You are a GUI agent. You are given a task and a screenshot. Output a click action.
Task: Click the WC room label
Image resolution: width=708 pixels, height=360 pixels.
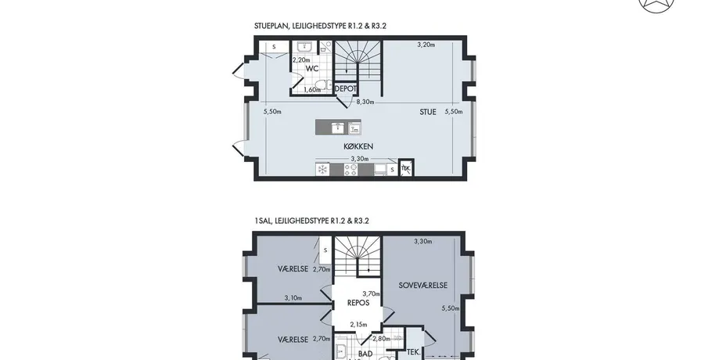point(312,69)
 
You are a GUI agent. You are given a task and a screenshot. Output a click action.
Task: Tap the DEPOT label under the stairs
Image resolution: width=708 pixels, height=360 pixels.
point(346,89)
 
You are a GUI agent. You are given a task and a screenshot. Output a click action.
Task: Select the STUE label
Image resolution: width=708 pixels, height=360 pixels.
point(428,112)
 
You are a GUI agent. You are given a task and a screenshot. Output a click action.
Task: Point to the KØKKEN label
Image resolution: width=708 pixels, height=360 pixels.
point(358,146)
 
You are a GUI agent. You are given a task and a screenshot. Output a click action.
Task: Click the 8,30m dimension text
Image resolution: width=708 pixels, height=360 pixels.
point(365,102)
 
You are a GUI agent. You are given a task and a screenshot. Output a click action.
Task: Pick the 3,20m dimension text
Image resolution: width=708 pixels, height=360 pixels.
point(426,45)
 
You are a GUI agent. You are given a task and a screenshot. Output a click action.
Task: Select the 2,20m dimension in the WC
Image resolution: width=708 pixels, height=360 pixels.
point(301,60)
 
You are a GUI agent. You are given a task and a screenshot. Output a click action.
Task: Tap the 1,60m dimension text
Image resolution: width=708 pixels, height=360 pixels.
point(312,89)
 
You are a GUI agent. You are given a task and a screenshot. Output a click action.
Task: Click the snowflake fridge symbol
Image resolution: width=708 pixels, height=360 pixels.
point(322,169)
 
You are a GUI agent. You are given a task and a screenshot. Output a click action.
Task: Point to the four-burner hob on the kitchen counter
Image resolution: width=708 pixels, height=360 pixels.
point(351,169)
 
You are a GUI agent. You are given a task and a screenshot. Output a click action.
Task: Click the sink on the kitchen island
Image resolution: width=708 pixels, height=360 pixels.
point(339,128)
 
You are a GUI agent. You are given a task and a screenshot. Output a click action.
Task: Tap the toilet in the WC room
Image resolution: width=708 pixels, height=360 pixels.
point(322,85)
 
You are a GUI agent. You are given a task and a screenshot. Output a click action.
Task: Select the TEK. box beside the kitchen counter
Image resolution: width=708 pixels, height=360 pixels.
point(406,168)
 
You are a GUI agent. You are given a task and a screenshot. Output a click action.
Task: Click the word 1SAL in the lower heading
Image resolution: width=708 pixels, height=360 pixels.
point(262,221)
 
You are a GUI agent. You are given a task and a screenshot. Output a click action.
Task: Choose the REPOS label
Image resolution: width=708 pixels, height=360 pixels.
point(358,303)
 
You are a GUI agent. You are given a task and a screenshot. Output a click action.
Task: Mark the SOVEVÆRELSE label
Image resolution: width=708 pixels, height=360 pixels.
point(423,286)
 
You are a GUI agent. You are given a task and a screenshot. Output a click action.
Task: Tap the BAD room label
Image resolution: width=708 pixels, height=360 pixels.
point(365,354)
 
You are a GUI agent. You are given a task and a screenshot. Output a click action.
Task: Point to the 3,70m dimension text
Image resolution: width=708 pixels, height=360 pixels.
point(371,293)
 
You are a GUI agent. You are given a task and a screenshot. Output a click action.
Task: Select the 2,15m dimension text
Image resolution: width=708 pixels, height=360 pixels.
point(359,324)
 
